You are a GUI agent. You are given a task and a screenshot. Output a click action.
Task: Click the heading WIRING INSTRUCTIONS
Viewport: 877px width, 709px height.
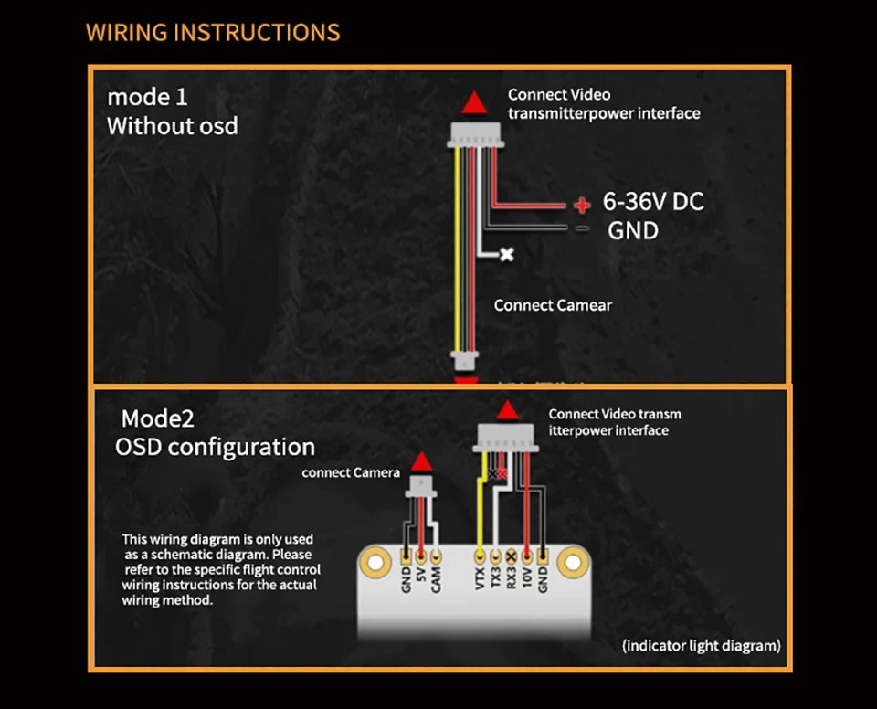(x=213, y=33)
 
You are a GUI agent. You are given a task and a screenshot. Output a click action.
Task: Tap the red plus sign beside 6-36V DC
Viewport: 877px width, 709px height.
(x=582, y=204)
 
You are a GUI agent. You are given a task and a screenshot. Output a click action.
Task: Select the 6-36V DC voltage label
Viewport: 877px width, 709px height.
(x=653, y=202)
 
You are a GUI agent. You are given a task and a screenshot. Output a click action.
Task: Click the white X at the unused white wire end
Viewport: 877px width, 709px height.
(x=506, y=254)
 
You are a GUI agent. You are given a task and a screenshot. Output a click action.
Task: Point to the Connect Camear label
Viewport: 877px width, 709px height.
(x=553, y=305)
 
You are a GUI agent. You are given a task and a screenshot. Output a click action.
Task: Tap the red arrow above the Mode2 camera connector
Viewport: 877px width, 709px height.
(x=421, y=461)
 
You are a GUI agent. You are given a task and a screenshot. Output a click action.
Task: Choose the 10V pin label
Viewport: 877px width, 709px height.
(x=527, y=578)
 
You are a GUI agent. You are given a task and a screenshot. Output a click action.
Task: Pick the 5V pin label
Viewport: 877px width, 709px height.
(x=421, y=578)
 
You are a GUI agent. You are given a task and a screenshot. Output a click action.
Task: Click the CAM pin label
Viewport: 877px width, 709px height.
(x=437, y=579)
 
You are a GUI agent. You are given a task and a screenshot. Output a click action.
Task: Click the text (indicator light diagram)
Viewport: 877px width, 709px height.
(x=702, y=646)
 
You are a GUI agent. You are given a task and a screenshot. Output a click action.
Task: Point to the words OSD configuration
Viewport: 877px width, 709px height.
(x=215, y=447)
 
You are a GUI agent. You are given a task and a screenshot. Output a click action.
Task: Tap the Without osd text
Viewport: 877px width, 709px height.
(x=173, y=126)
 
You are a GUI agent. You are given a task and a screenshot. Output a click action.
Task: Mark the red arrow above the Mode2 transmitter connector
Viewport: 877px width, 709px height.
(x=508, y=410)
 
